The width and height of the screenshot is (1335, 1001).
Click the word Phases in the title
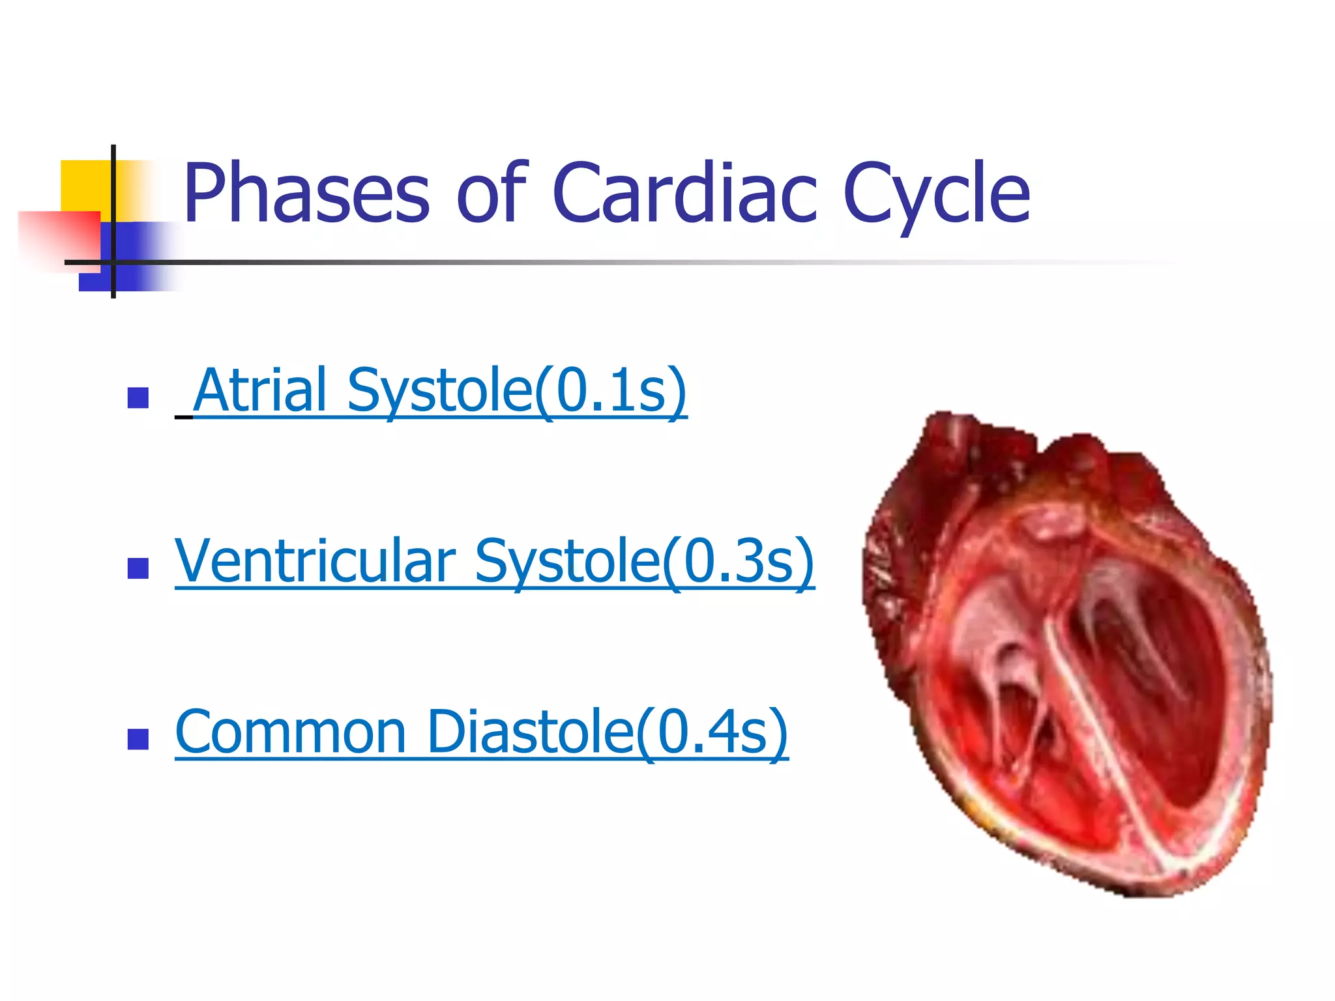306,194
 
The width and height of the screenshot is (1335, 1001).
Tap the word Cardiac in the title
684,194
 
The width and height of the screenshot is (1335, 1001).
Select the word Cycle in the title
936,194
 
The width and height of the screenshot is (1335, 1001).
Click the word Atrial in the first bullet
261,390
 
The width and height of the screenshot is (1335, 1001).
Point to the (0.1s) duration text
611,390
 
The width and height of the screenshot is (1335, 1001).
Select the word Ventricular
315,561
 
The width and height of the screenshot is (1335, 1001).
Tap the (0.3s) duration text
739,561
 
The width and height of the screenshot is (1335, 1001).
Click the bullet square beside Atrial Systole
138,398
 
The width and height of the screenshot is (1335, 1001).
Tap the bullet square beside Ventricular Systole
138,568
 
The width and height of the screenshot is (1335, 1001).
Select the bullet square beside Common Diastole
138,739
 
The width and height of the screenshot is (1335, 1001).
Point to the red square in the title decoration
59,238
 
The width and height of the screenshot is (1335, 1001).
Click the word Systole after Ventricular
567,561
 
